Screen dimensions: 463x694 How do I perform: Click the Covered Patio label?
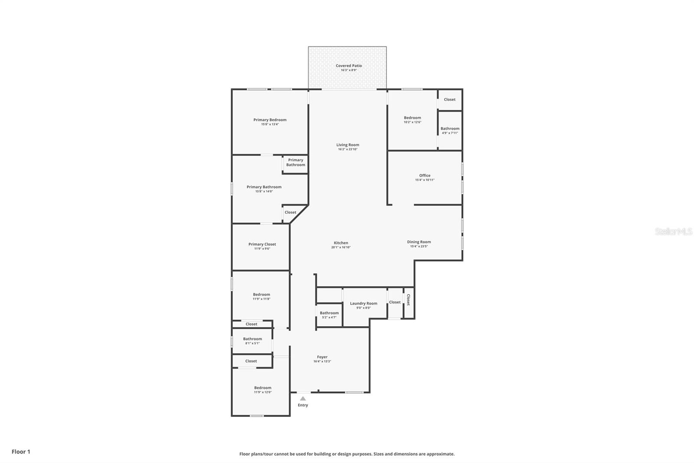[349, 66]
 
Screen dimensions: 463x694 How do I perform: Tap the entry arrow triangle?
[303, 398]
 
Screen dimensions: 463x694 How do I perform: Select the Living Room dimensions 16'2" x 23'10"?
[348, 149]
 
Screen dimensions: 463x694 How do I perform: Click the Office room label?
[425, 175]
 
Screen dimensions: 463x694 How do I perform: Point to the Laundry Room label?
[363, 303]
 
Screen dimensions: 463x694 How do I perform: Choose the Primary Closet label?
[262, 244]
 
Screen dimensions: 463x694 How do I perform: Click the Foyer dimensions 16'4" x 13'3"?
[322, 361]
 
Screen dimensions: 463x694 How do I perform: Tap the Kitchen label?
[341, 243]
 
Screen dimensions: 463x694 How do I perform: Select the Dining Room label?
[419, 242]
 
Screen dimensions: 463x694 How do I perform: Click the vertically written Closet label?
[408, 300]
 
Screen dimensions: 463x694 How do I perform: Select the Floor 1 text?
[21, 452]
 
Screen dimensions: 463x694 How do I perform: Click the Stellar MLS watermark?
[673, 231]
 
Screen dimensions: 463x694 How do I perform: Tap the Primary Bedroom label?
[270, 120]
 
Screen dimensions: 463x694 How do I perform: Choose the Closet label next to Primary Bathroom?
[290, 212]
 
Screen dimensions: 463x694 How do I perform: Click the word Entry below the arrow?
[303, 405]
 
